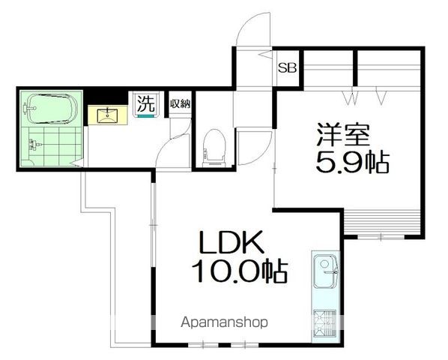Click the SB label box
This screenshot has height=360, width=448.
tap(288, 67)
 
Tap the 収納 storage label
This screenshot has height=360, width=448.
tap(180, 104)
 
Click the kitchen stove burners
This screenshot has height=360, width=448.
tap(326, 323)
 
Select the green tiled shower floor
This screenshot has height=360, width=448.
tap(52, 147)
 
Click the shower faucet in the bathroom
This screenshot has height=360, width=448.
tap(31, 147)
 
